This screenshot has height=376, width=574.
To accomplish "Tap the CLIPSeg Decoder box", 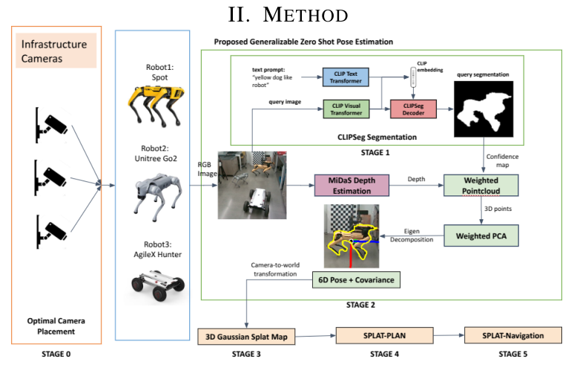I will pos(412,109).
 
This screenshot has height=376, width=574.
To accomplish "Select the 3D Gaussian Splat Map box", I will pos(246,337).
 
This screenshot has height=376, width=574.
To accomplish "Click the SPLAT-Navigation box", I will pos(509,335).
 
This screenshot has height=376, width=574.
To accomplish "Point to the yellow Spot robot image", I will pos(155,104).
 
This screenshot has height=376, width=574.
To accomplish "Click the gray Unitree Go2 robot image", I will pos(155,196).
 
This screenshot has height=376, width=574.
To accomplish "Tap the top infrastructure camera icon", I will pos(50,121).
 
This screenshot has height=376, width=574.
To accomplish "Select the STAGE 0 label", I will pos(56,354).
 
